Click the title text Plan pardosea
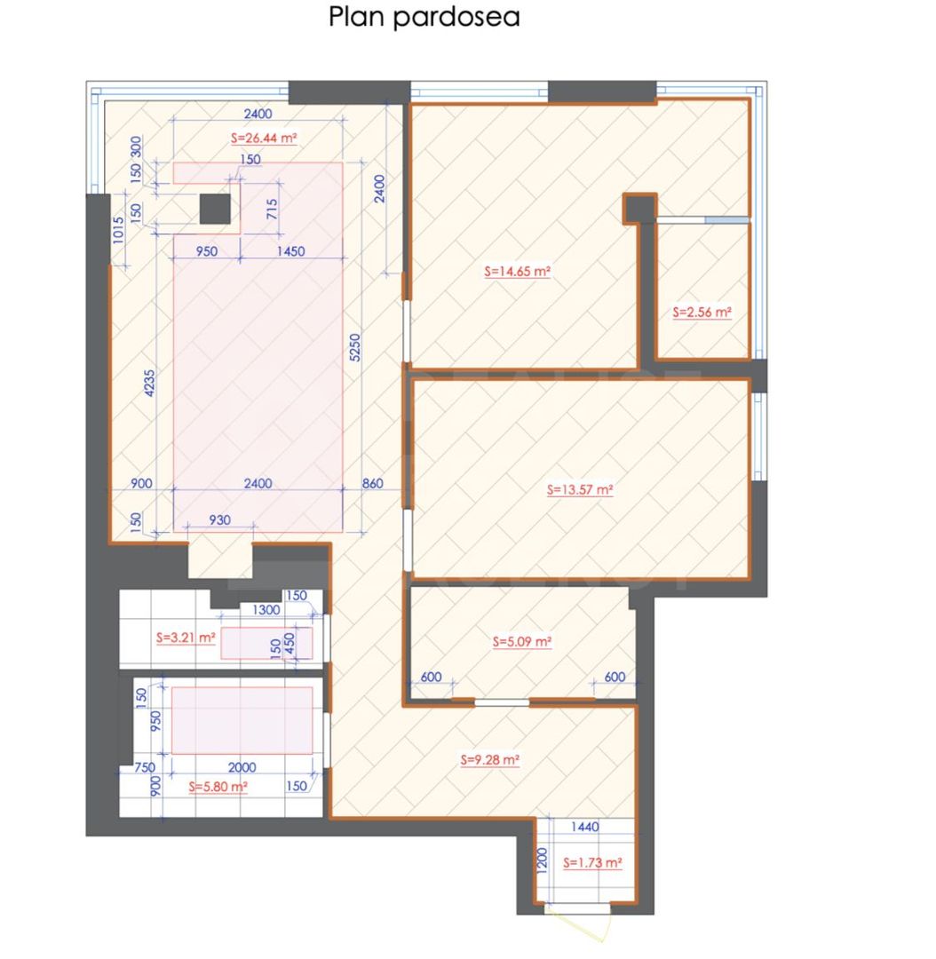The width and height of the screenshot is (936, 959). [424, 17]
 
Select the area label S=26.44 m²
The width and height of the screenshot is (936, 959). [263, 138]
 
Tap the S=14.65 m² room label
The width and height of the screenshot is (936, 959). [518, 272]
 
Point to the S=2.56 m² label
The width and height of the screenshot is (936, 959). [702, 313]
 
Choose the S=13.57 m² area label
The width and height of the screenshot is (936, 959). [581, 488]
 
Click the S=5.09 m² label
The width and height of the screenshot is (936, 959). [521, 640]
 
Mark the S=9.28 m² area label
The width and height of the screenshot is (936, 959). [489, 760]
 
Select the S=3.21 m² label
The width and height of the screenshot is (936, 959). [185, 637]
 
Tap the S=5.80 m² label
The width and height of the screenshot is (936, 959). [218, 786]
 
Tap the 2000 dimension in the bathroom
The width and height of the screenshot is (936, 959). [242, 767]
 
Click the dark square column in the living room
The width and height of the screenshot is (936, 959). [214, 210]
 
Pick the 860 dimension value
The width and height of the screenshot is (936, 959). [373, 483]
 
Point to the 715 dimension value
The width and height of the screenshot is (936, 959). [272, 210]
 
